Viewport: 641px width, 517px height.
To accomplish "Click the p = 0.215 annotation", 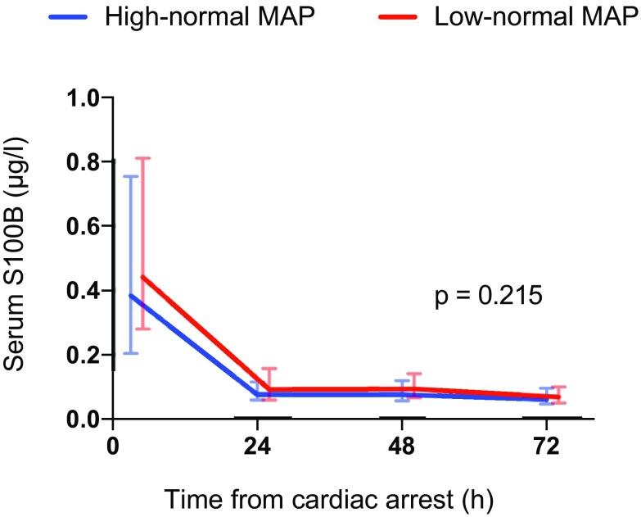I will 489,295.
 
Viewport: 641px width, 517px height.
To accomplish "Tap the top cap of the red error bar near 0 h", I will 142,158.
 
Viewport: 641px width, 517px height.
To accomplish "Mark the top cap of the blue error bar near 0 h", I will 130,176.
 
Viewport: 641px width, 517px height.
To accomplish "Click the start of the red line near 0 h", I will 142,277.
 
